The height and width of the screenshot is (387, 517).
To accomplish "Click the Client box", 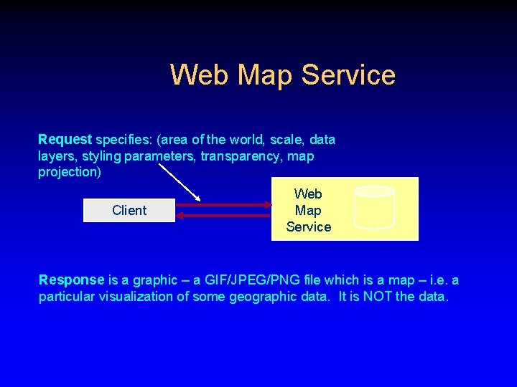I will coord(129,210).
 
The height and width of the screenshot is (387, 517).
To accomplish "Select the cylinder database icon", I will coord(375,207).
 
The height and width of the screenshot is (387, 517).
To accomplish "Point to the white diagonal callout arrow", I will coord(179,183).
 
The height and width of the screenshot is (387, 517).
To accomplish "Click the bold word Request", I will coord(65,139).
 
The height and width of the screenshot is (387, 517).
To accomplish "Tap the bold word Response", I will coord(71,279).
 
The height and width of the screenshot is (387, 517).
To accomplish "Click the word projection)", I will coord(70,172).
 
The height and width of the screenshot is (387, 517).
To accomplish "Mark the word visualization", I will coord(149,297).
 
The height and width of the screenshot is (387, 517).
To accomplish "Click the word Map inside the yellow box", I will coord(308,210).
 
